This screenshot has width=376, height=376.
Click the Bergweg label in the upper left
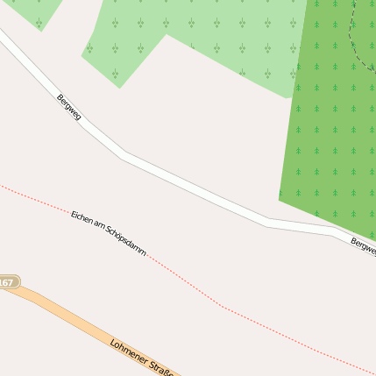point(68,107)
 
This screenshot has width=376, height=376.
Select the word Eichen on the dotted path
point(82,216)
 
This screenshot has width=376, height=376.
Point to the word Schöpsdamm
point(126,240)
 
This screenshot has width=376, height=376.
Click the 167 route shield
point(8,282)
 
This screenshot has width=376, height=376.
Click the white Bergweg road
point(193,188)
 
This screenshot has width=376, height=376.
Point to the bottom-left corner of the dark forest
point(280,201)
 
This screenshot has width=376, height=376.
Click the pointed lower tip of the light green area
point(119,88)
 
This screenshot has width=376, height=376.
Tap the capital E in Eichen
point(74,213)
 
